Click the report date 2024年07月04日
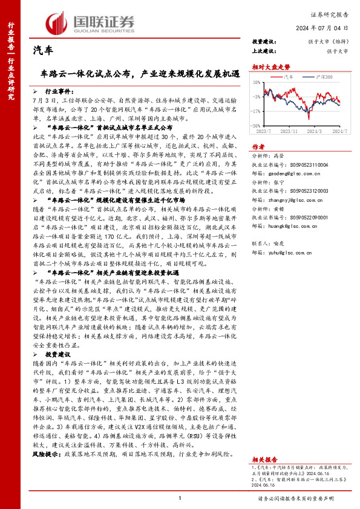coord(327,28)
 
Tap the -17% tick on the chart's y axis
coord(258,111)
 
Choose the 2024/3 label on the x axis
coord(314,130)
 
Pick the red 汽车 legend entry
coord(289,77)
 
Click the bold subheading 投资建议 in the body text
coord(58,354)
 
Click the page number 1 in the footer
coord(180,498)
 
